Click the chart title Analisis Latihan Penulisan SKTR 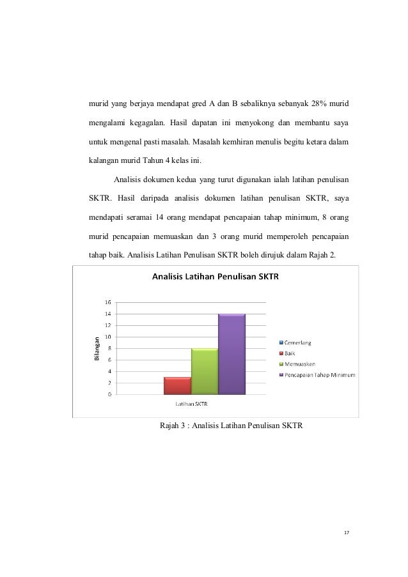tap(210, 277)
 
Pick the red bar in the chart tap(178, 385)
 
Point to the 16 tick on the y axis tap(108, 302)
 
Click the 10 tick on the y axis tap(108, 337)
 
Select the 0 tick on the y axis tap(109, 394)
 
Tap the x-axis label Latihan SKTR tap(192, 403)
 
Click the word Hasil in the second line tap(191, 121)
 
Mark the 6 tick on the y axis tap(109, 360)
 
